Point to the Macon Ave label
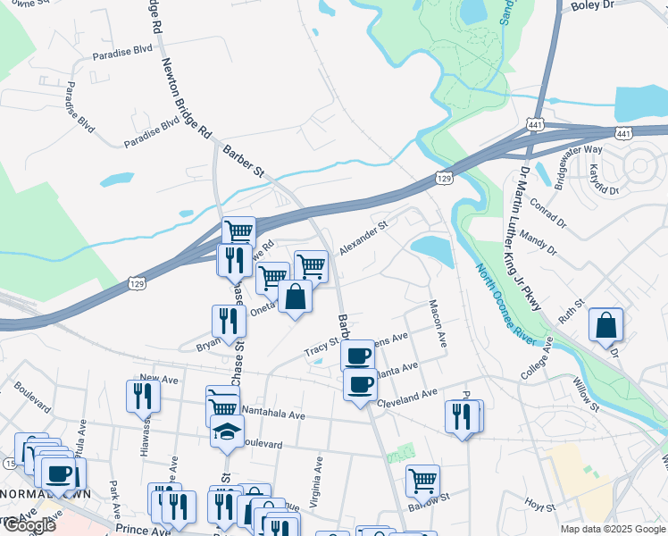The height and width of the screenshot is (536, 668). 438,322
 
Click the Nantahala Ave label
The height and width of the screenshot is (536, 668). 274,415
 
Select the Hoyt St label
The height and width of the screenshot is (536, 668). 540,505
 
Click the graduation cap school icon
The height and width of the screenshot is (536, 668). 227,431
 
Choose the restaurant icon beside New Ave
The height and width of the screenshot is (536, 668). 143,394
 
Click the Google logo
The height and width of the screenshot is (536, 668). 29,525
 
